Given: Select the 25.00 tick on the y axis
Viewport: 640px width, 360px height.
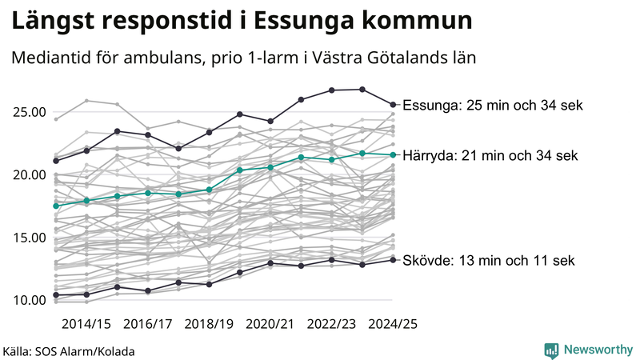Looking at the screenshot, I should pyautogui.click(x=28, y=112).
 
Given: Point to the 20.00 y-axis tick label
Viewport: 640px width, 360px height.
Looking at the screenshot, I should pyautogui.click(x=28, y=174).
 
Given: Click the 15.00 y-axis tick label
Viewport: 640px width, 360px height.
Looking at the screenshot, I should pyautogui.click(x=28, y=238).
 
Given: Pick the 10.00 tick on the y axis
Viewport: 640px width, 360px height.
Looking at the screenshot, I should pyautogui.click(x=28, y=300).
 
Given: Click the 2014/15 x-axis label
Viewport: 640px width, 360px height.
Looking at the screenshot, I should pyautogui.click(x=86, y=324).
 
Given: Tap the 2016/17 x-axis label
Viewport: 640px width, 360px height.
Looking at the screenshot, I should pyautogui.click(x=147, y=324).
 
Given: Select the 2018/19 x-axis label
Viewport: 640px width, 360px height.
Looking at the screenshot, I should pyautogui.click(x=209, y=324).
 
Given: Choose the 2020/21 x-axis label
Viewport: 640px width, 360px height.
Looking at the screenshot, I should pyautogui.click(x=270, y=324).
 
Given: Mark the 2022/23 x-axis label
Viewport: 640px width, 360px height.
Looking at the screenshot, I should pyautogui.click(x=331, y=324).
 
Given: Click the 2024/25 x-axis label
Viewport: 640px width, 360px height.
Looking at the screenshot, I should pyautogui.click(x=393, y=324).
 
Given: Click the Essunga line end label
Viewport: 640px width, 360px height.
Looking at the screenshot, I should pyautogui.click(x=493, y=106).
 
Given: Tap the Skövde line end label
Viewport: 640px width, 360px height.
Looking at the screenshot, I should pyautogui.click(x=488, y=261).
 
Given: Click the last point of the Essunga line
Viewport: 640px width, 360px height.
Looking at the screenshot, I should pyautogui.click(x=393, y=104).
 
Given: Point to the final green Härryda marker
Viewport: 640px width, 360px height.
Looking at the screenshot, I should pyautogui.click(x=393, y=154).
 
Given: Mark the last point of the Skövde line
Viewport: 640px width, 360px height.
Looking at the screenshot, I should pyautogui.click(x=393, y=260).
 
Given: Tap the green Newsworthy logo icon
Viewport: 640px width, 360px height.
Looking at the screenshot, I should pyautogui.click(x=550, y=350).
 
